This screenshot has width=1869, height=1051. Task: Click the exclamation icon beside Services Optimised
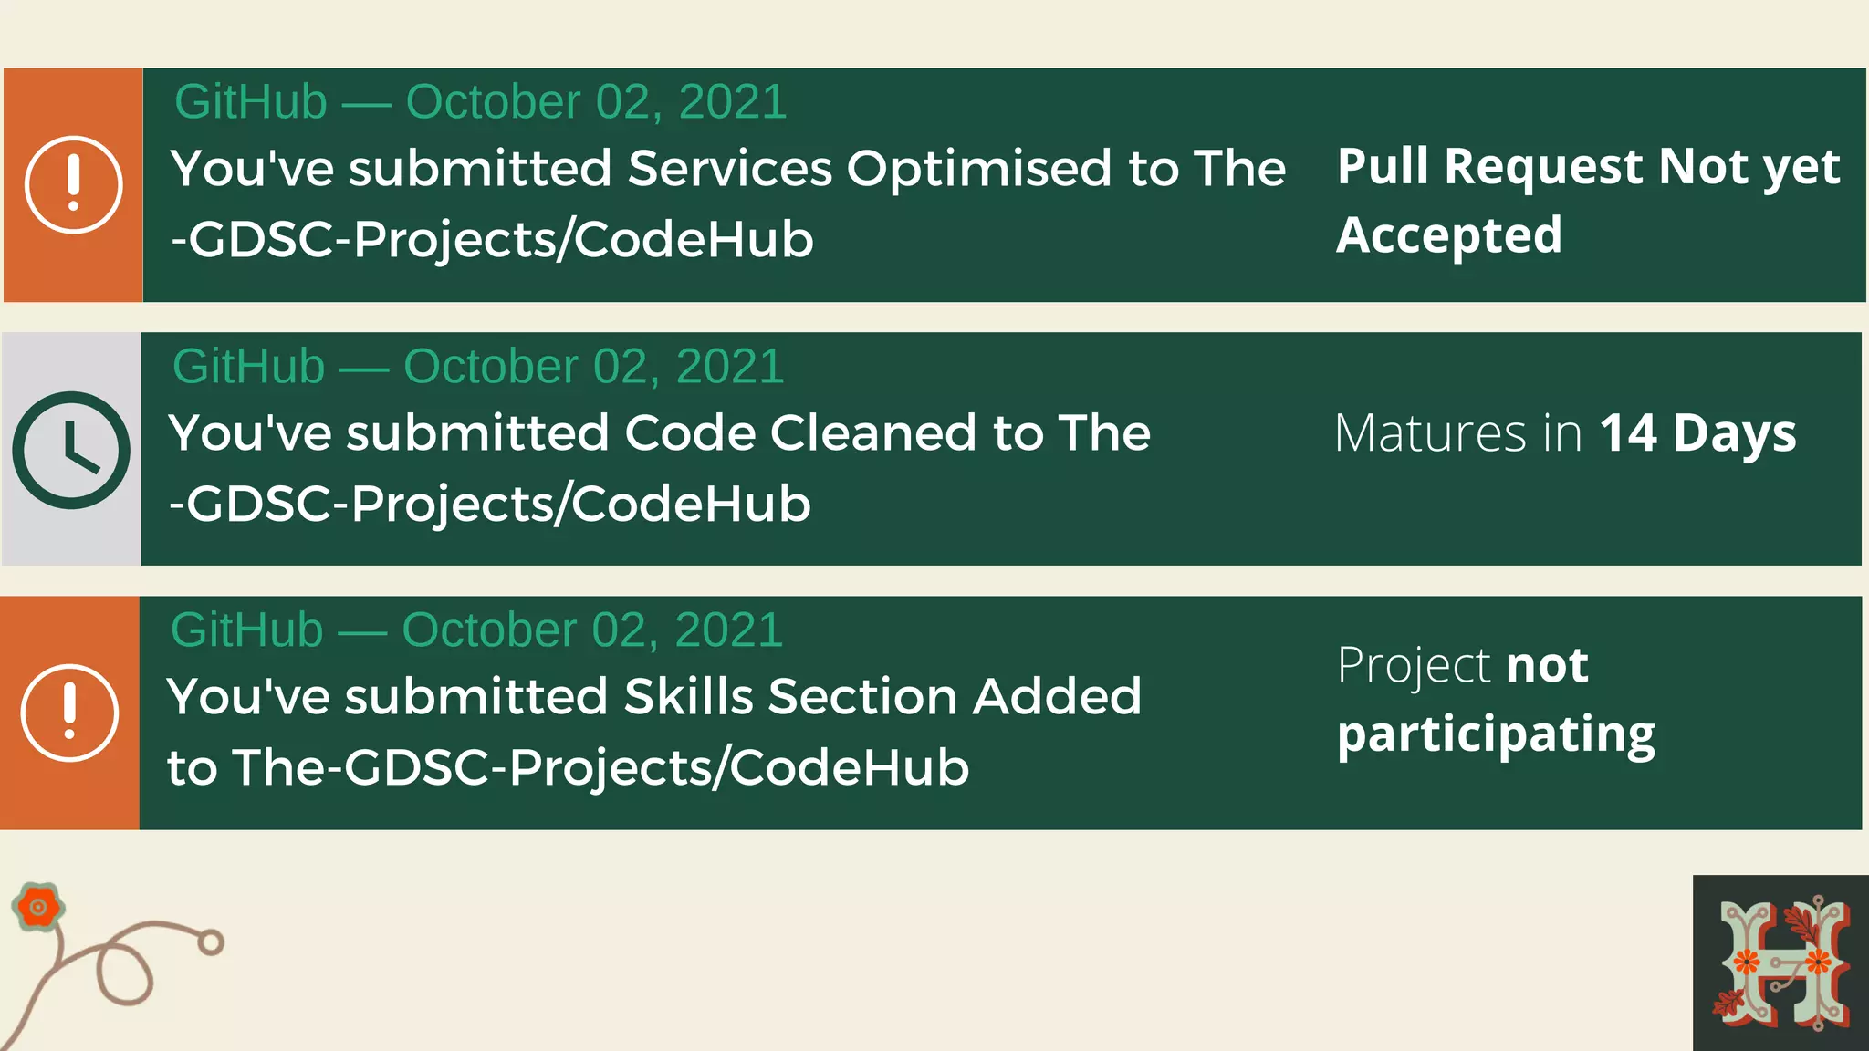(73, 185)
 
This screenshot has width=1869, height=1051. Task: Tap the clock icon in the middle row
(71, 450)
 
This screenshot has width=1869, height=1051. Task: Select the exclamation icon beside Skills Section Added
(69, 713)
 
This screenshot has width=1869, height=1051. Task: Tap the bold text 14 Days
(1697, 433)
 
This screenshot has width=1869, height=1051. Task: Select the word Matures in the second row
(1430, 433)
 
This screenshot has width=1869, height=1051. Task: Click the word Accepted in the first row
(1449, 236)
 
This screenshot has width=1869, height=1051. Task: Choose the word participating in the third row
(1496, 735)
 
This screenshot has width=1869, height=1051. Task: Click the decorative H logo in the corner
(1780, 963)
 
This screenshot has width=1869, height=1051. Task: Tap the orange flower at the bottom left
(38, 907)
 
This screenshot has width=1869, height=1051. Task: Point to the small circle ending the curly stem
(211, 942)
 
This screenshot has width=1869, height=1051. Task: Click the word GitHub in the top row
(251, 101)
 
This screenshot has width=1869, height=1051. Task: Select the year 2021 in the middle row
(729, 367)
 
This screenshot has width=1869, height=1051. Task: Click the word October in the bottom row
(488, 630)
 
